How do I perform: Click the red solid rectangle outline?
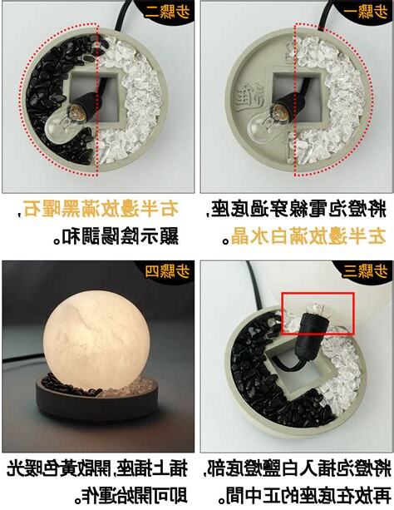(318, 314)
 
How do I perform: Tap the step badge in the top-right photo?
(363, 12)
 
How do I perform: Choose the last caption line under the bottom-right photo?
(294, 498)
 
